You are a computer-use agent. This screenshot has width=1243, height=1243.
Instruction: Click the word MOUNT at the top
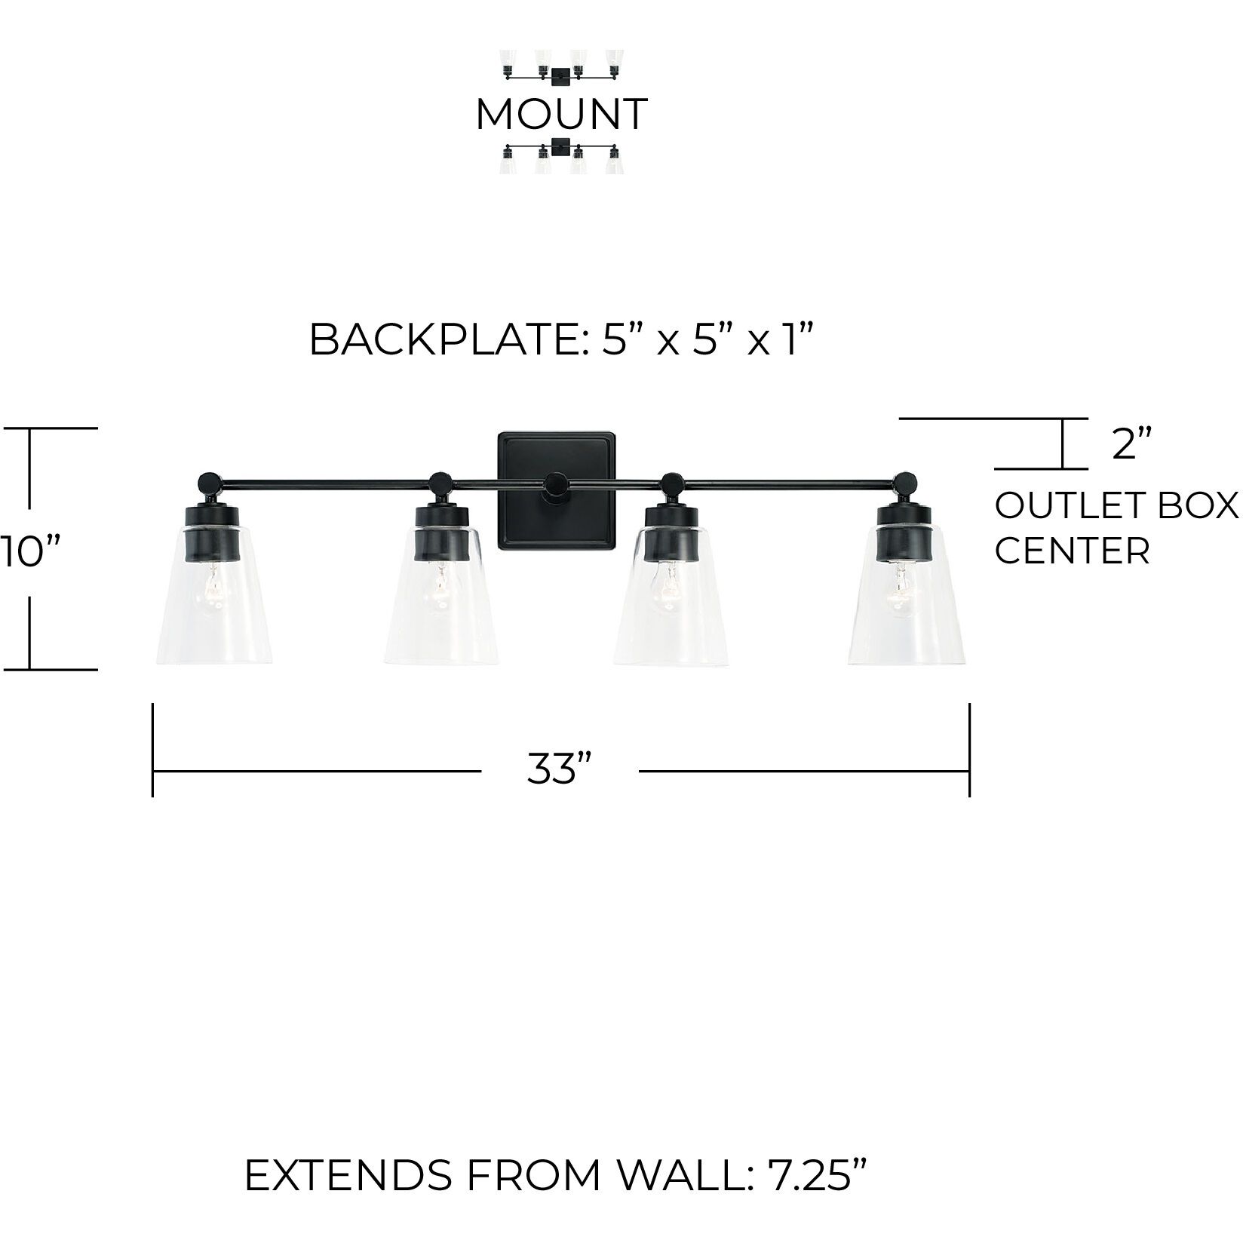click(561, 114)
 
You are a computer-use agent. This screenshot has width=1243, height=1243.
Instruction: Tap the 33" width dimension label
click(558, 769)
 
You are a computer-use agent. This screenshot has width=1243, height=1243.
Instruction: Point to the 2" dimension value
click(1132, 445)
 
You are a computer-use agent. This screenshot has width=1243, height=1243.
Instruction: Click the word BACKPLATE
click(440, 340)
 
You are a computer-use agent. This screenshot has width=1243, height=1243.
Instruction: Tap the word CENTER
click(1072, 551)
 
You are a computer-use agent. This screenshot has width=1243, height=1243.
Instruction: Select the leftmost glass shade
click(213, 603)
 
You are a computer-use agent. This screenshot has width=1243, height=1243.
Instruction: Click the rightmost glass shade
click(906, 603)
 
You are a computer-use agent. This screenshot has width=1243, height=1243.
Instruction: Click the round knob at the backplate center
click(557, 484)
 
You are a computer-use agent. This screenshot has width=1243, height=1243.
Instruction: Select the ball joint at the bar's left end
click(208, 481)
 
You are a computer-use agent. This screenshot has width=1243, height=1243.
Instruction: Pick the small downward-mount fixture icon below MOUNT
click(562, 156)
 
